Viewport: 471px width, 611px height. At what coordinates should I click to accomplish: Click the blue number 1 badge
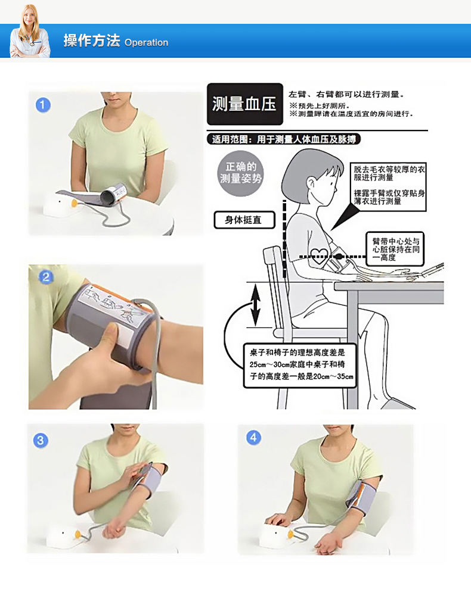pyautogui.click(x=43, y=105)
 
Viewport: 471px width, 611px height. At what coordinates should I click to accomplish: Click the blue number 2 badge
pyautogui.click(x=45, y=278)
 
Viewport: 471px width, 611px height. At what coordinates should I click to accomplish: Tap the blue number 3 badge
pyautogui.click(x=41, y=440)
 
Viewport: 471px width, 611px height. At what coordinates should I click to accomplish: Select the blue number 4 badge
pyautogui.click(x=253, y=438)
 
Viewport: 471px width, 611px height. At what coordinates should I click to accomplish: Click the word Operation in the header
pyautogui.click(x=146, y=43)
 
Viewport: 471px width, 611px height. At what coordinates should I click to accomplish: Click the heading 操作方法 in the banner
pyautogui.click(x=92, y=41)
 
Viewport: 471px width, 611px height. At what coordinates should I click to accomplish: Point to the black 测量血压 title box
pyautogui.click(x=244, y=104)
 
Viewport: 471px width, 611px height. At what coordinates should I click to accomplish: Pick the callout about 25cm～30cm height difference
pyautogui.click(x=302, y=364)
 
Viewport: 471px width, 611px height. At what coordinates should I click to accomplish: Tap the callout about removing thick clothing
pyautogui.click(x=388, y=185)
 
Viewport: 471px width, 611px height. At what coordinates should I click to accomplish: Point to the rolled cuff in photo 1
pyautogui.click(x=114, y=195)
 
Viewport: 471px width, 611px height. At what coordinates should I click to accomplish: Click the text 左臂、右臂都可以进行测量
pyautogui.click(x=346, y=94)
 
